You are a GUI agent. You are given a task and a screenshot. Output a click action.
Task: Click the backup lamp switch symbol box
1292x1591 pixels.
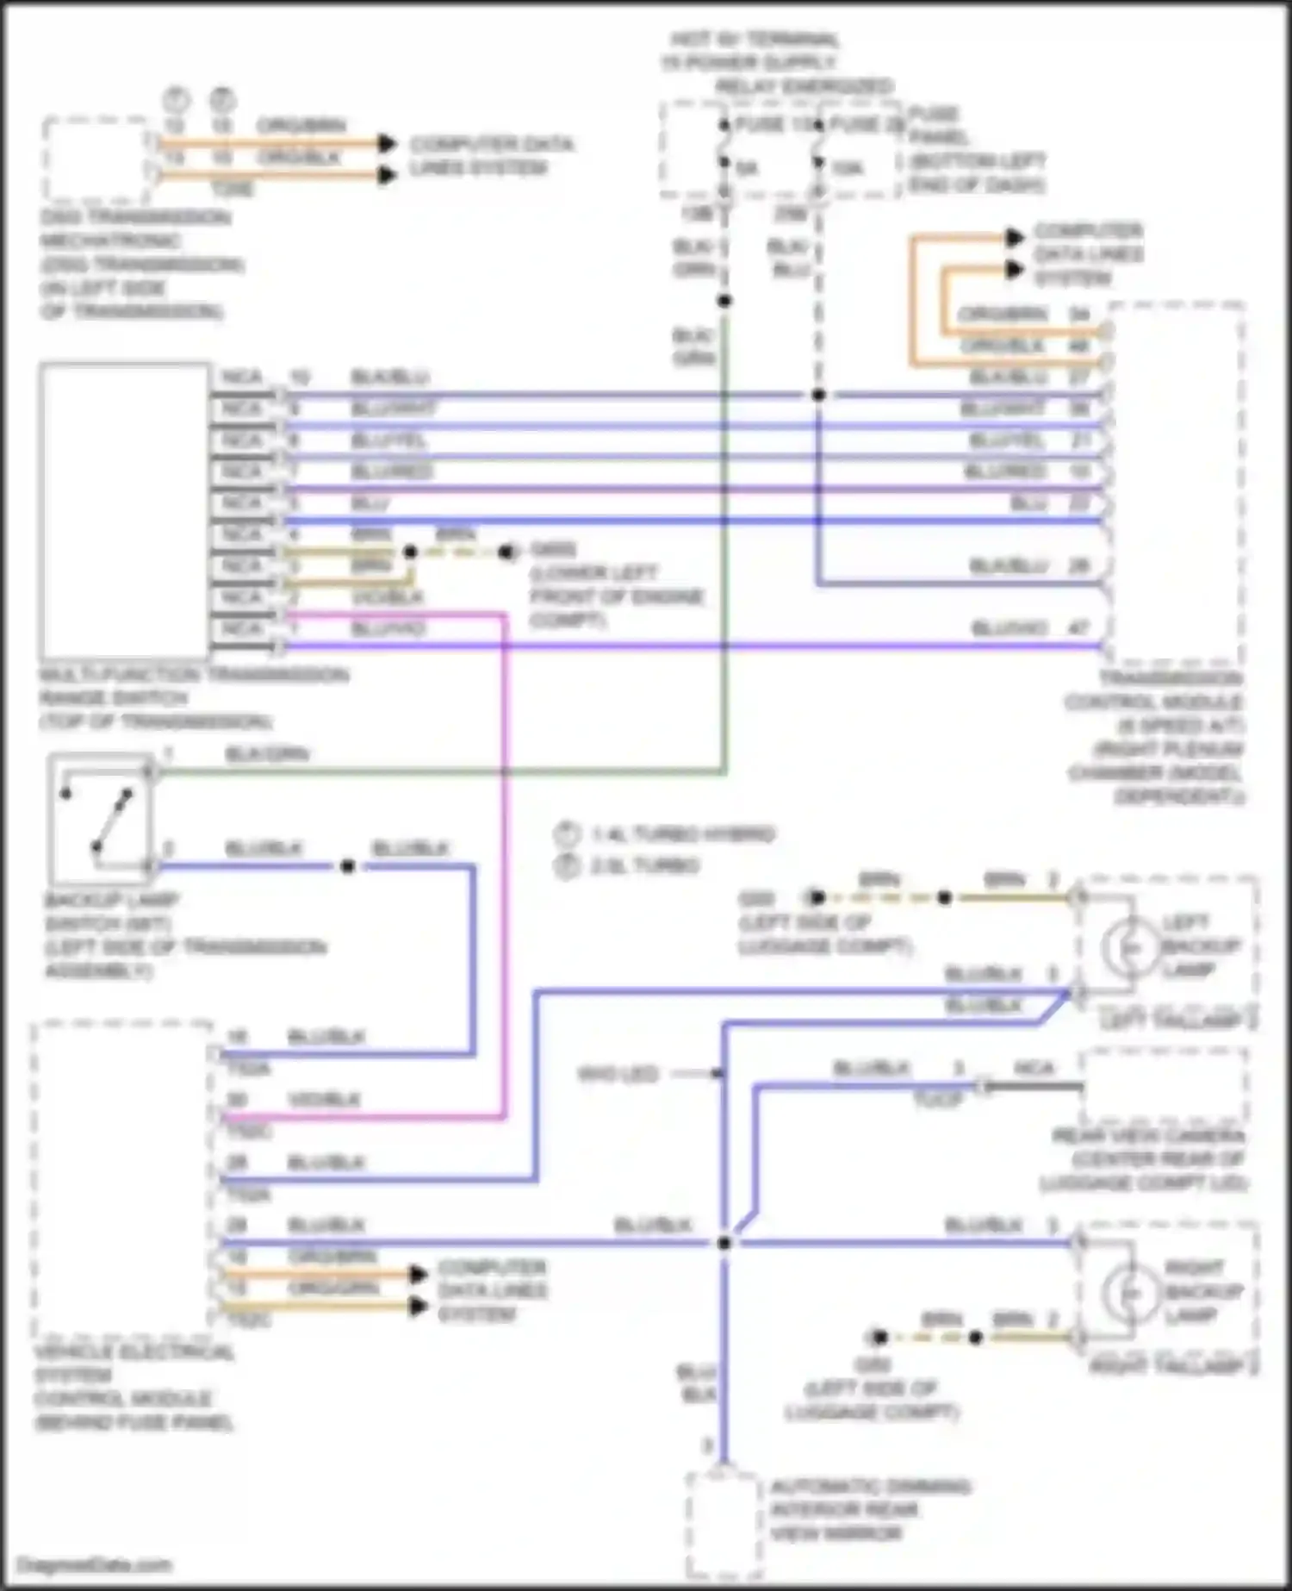99,820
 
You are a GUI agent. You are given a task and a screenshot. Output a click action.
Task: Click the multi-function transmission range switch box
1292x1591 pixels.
125,511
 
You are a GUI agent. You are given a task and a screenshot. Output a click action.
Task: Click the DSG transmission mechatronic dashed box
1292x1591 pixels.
96,160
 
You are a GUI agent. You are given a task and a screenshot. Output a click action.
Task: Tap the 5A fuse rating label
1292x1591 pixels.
747,169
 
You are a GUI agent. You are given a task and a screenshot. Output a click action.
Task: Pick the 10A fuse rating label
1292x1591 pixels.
847,169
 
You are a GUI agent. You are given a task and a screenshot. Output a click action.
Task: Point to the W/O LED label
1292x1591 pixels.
618,1074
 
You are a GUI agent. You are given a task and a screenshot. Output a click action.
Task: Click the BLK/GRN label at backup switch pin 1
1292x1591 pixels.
267,755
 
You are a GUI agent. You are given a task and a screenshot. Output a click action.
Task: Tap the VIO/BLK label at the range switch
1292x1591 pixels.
387,597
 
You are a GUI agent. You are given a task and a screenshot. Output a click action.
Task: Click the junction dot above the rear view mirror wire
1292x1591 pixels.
724,1243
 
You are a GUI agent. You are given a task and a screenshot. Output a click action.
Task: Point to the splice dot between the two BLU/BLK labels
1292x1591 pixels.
348,865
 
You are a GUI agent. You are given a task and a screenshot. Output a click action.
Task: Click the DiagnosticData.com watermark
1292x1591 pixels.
95,1564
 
